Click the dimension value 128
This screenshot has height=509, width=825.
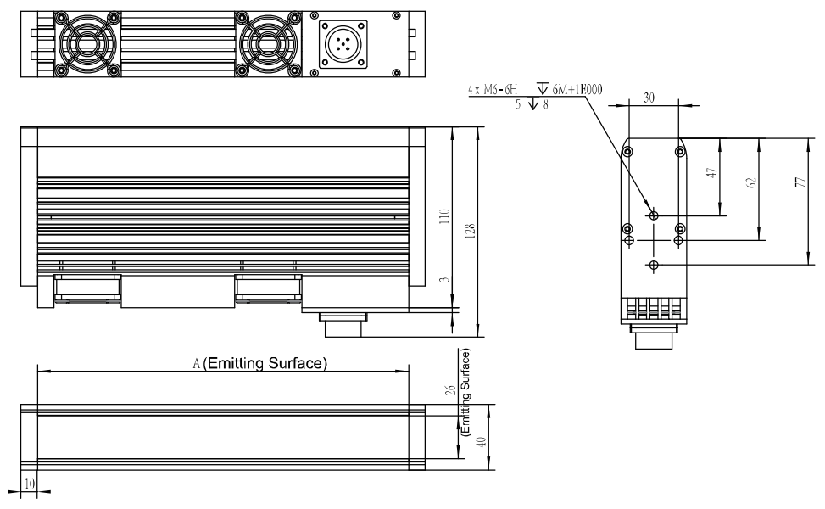[471, 231]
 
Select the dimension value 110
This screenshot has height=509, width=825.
[445, 216]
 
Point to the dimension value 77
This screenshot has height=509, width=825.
[800, 182]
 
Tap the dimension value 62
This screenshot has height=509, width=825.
[752, 182]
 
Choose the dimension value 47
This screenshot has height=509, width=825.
[712, 173]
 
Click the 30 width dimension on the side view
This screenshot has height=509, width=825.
[649, 98]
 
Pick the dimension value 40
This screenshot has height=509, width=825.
[481, 442]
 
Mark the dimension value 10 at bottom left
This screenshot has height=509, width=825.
[30, 484]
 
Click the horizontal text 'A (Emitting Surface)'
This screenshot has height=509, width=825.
[260, 363]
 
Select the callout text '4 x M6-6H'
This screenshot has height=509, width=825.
[493, 89]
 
